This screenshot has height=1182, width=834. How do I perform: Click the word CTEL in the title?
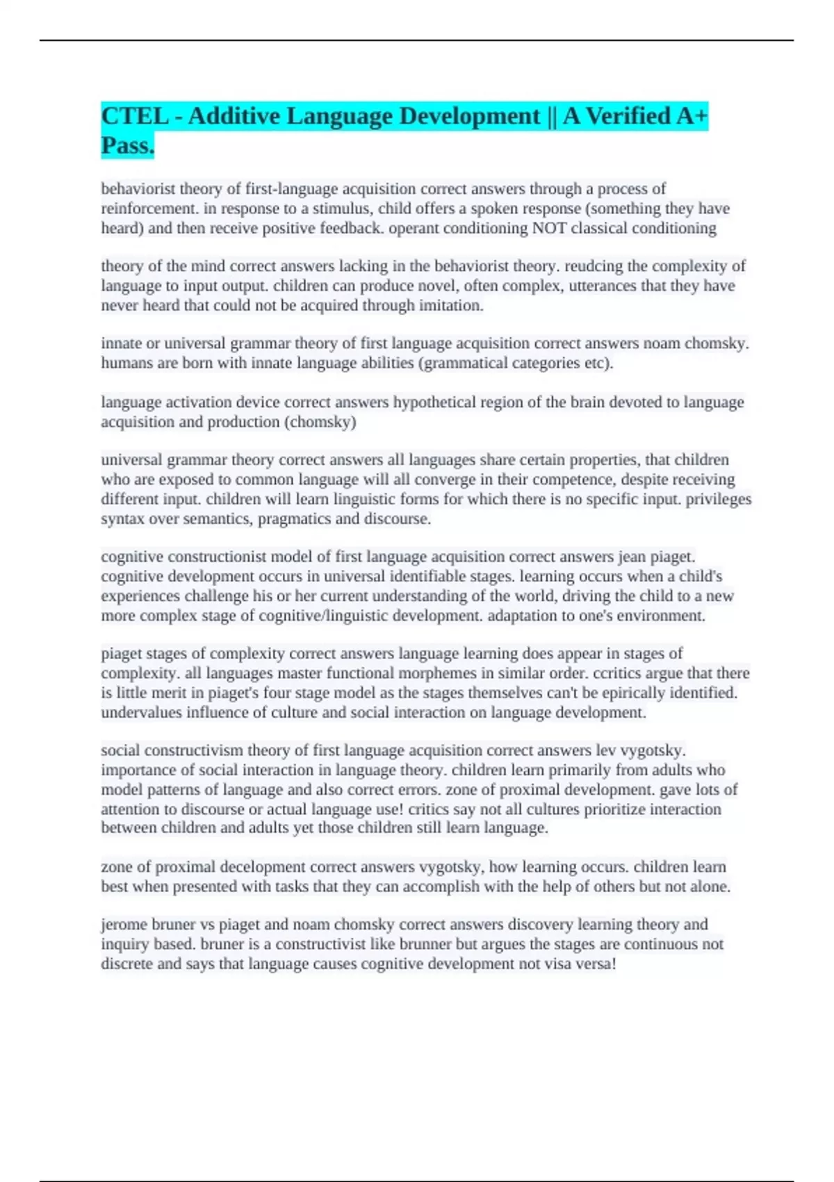coord(134,116)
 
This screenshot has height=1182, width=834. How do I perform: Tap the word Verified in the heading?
coord(627,116)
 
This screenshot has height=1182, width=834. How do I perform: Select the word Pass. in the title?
coord(127,146)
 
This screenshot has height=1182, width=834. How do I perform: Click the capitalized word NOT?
coord(549,228)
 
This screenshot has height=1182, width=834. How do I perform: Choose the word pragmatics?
coord(295,519)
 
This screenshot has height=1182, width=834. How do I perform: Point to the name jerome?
coord(124,925)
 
